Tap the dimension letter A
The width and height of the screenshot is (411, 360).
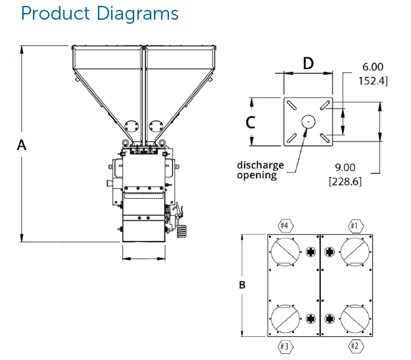coord(22,145)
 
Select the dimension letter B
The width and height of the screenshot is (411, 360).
coord(242,286)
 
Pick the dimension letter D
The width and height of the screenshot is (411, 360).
coord(308,64)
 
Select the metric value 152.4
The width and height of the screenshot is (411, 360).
coord(372,81)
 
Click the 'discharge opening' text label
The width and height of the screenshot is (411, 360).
coord(260,170)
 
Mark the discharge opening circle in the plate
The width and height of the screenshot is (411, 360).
coord(308,121)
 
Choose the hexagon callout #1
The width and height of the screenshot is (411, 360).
coord(354,226)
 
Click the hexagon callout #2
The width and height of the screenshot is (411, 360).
coord(354,346)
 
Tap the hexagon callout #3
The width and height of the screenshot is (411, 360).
coord(285,346)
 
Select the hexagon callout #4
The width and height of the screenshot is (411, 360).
coord(285,226)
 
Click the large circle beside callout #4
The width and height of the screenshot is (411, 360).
coord(285,252)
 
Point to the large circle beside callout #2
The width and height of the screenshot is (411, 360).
coord(354,318)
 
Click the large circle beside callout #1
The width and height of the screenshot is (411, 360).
coord(354,252)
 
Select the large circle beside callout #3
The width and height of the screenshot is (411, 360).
coord(285,318)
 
